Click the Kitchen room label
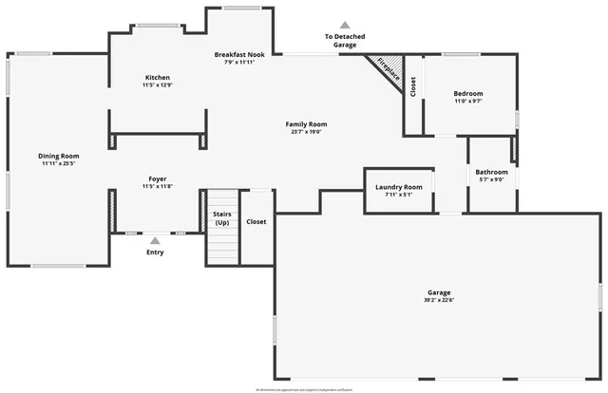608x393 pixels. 158,77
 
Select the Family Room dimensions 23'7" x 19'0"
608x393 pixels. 306,132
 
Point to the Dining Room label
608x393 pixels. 59,156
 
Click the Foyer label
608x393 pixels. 157,178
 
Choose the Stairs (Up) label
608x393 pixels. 221,218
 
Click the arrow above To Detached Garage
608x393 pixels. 345,25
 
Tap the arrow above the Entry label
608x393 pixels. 155,241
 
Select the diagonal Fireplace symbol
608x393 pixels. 389,72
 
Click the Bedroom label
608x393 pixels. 468,93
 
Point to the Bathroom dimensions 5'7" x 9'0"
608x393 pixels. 492,180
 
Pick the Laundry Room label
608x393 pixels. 399,187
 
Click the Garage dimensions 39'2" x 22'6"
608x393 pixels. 438,301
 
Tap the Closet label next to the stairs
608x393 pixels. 256,222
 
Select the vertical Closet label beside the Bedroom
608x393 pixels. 413,86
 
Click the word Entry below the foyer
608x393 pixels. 155,253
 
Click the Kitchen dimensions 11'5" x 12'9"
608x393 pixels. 158,85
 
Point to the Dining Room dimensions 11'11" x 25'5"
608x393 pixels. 59,164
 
